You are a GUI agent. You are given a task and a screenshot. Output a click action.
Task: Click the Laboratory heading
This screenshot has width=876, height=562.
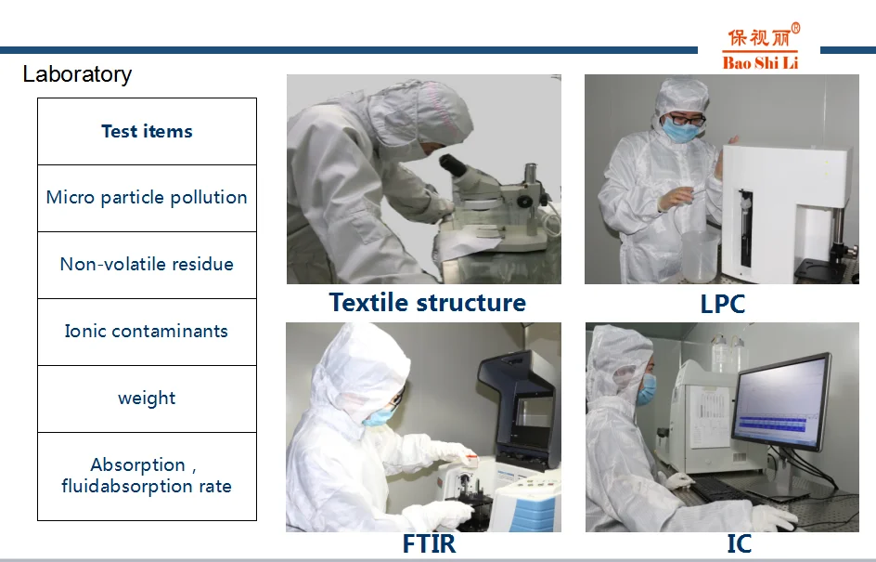point(77,74)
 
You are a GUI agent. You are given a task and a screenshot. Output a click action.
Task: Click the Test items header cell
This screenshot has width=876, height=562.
point(147,131)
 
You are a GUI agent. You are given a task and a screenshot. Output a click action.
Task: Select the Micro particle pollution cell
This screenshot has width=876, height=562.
point(147,198)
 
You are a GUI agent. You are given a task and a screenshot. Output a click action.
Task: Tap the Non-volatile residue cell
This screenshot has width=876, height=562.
point(147,265)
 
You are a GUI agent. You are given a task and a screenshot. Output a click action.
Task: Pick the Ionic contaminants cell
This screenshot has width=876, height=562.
point(147,332)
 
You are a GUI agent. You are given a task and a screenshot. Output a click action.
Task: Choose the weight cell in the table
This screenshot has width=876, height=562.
point(147,399)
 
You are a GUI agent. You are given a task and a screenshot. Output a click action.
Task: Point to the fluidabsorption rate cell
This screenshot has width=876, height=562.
point(147,476)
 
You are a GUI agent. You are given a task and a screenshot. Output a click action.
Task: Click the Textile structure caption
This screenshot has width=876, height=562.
point(428,303)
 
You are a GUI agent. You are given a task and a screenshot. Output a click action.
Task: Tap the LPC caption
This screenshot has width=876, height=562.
point(722,304)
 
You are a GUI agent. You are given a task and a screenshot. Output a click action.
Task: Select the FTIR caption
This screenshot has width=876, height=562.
point(429,543)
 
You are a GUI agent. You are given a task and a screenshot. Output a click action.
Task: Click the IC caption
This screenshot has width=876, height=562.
point(739,543)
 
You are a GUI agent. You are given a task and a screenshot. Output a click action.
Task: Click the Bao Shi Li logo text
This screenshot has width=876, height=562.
point(760,62)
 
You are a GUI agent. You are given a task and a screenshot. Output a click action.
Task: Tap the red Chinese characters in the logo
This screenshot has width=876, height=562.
point(759,37)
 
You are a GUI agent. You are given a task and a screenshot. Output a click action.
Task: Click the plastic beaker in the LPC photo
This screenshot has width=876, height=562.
point(699,255)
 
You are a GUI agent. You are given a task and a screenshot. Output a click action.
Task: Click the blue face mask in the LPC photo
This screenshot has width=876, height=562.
point(680,130)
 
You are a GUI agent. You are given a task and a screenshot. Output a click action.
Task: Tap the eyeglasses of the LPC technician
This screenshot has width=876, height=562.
point(686,120)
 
